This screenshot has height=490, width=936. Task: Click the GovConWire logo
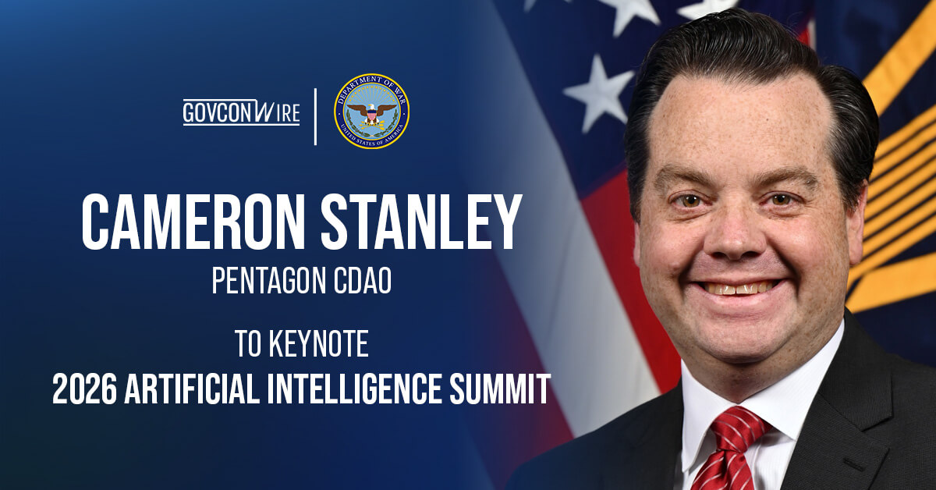click(241, 112)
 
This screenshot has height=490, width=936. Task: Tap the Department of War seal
click(371, 111)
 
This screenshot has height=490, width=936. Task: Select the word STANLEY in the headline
click(425, 222)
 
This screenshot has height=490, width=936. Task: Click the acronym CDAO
click(363, 281)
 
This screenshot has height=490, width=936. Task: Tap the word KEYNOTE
click(320, 343)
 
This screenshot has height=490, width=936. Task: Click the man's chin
click(741, 336)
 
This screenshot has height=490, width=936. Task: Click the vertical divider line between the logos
click(316, 115)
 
